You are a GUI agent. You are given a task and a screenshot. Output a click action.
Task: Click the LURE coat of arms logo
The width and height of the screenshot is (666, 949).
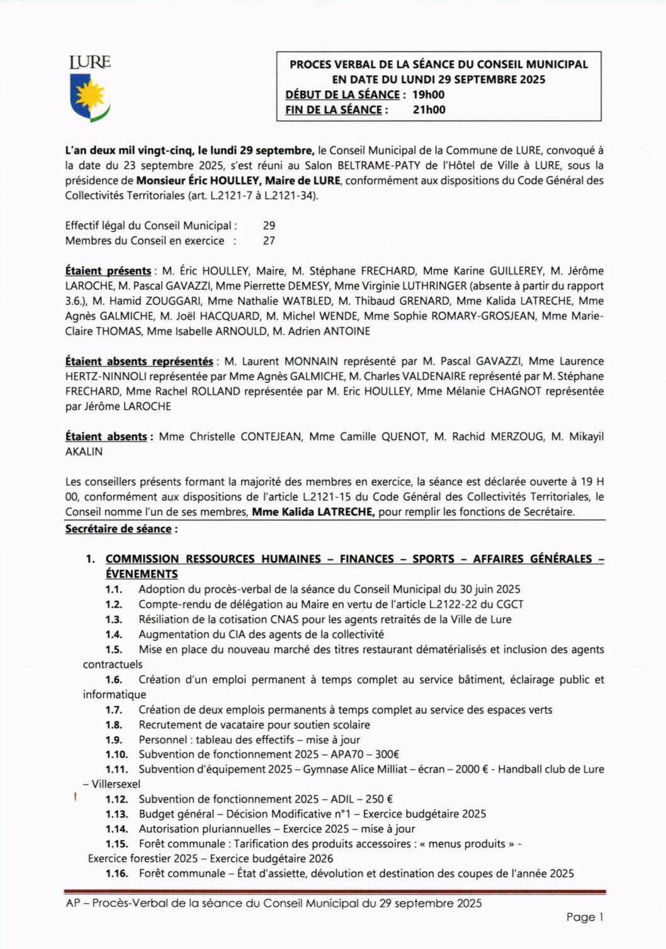(90, 89)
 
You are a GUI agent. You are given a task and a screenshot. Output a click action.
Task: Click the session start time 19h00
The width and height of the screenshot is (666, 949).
(428, 95)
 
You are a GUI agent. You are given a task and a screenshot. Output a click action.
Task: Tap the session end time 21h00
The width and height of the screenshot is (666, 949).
(429, 110)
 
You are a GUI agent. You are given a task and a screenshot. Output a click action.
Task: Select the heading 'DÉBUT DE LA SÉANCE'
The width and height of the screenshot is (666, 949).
(342, 95)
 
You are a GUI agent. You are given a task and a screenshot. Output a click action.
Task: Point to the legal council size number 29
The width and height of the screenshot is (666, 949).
(269, 225)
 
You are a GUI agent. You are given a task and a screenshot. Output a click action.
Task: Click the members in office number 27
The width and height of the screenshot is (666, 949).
(269, 241)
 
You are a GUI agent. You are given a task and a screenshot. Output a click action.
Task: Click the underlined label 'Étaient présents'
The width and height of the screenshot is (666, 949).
(108, 271)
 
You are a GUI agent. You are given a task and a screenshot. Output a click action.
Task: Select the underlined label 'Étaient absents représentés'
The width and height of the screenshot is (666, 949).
(138, 361)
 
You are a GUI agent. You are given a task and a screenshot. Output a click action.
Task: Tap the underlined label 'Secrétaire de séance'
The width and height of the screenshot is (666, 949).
(118, 529)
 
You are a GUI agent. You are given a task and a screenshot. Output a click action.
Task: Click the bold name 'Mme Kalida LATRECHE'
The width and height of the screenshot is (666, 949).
(313, 512)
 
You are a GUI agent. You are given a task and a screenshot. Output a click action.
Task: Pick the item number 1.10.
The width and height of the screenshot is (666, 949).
(116, 754)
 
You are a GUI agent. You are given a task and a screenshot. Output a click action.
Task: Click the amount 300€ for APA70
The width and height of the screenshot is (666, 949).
(387, 754)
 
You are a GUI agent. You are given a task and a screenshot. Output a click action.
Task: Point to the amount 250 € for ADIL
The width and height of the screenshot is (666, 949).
(379, 799)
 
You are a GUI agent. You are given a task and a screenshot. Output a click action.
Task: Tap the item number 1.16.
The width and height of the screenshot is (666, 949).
(116, 873)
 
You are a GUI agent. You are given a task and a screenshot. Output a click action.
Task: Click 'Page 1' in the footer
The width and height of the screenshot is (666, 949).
(584, 917)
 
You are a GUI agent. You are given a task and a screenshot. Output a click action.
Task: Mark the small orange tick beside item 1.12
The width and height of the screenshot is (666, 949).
(75, 797)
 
